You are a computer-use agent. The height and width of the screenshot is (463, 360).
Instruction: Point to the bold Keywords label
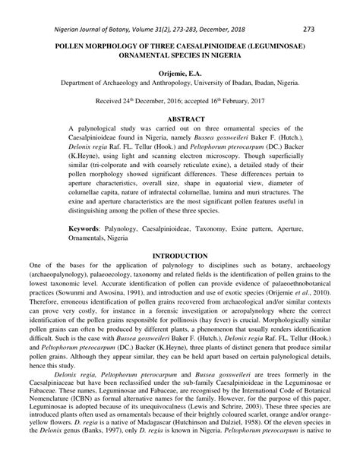88,228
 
